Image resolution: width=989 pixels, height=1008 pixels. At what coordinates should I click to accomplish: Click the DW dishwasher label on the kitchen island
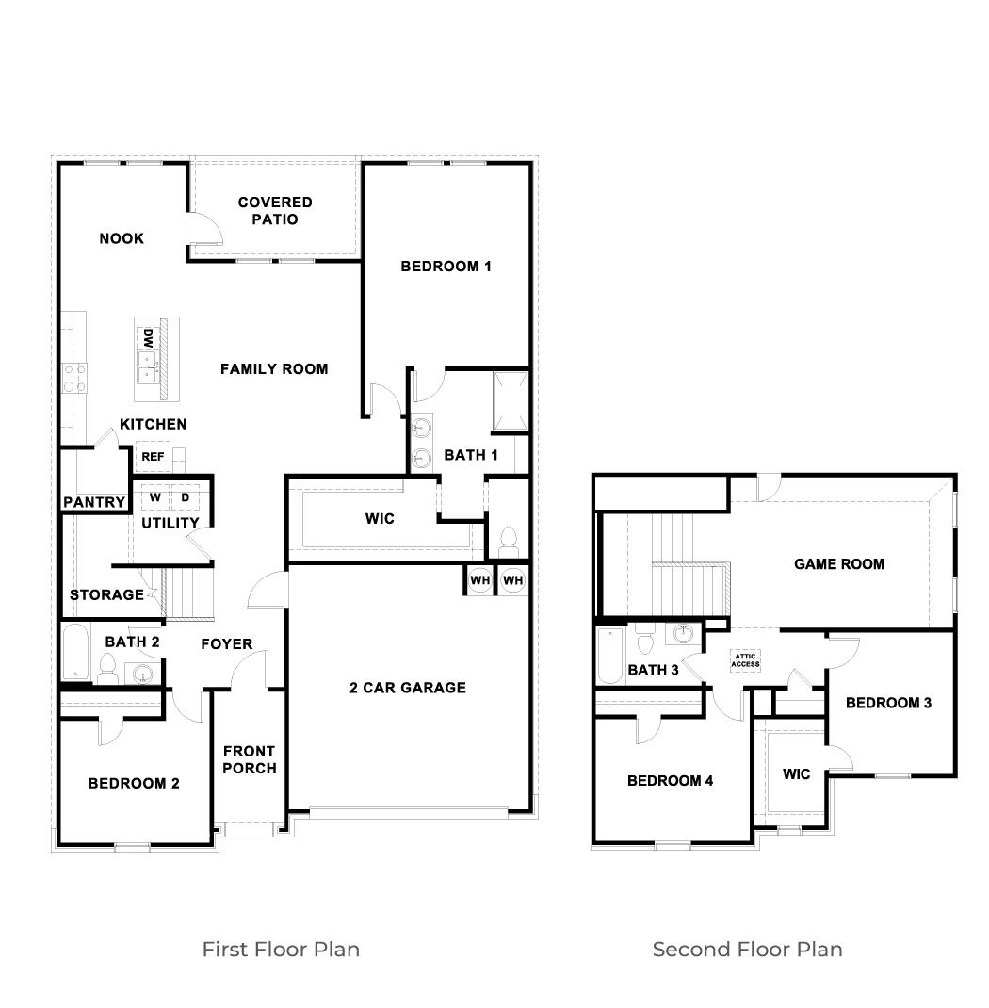(x=148, y=337)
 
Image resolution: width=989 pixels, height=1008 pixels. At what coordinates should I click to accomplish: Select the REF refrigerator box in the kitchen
(x=152, y=457)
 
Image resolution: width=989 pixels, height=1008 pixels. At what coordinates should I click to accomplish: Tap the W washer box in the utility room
(x=154, y=497)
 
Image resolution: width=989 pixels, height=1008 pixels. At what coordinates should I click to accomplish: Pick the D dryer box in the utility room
(x=185, y=497)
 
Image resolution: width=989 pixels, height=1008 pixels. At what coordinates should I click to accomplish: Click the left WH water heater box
(x=480, y=580)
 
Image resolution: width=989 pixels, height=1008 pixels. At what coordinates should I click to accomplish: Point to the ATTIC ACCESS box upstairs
(x=745, y=660)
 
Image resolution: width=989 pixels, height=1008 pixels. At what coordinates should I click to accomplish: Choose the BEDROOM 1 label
(x=446, y=267)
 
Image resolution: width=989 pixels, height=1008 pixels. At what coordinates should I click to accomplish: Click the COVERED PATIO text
(x=274, y=211)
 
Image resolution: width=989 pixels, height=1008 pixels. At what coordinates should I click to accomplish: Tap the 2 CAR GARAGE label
(x=407, y=688)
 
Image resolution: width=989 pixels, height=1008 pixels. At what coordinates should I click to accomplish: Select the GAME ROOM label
(x=838, y=564)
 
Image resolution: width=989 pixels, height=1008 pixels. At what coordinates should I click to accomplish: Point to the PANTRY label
(x=94, y=503)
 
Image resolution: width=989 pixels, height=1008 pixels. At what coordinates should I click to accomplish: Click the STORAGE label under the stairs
(x=106, y=595)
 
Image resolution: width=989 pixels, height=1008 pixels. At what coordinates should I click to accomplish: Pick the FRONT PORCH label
(x=249, y=759)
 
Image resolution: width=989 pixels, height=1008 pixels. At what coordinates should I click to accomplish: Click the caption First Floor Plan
(x=281, y=949)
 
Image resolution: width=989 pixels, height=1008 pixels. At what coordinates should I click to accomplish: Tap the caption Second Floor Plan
(x=747, y=949)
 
